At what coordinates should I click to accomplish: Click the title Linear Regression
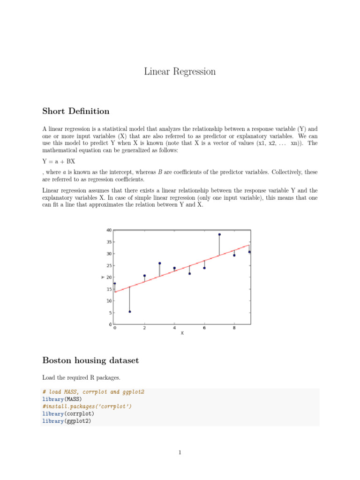(x=180, y=72)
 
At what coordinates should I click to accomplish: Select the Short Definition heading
(x=75, y=111)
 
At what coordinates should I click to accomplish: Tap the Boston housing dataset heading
(x=90, y=360)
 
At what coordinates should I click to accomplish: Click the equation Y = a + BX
(x=59, y=161)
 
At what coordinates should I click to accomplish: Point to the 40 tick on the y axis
(x=109, y=230)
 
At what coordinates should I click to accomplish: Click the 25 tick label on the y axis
(x=109, y=265)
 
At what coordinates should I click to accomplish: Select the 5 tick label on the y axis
(x=110, y=313)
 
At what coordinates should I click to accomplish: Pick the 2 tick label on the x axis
(x=144, y=328)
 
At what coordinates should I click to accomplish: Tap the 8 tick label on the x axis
(x=234, y=328)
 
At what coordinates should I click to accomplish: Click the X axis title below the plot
(x=182, y=333)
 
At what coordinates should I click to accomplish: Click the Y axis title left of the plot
(x=103, y=277)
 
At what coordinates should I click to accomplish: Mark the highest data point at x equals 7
(x=219, y=234)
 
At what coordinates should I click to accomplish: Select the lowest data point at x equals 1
(x=129, y=312)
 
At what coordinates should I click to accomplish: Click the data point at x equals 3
(x=159, y=263)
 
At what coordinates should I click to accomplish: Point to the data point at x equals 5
(x=189, y=273)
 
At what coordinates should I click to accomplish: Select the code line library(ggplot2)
(x=66, y=421)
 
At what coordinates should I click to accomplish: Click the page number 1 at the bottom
(x=180, y=452)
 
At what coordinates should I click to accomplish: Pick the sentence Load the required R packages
(x=82, y=377)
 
